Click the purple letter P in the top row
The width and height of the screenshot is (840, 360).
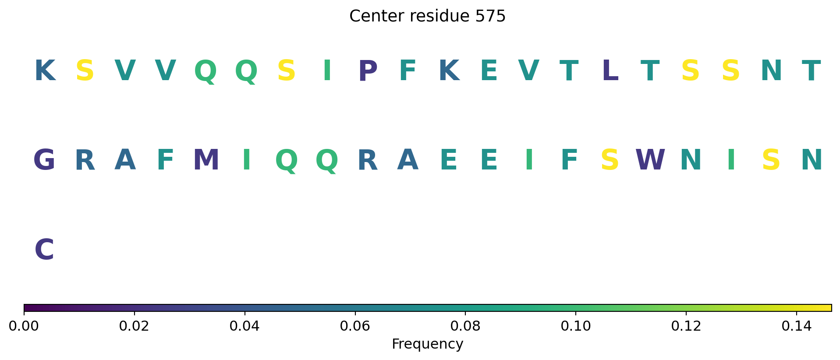[x=368, y=71]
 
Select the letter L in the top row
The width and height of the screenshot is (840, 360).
[x=610, y=71]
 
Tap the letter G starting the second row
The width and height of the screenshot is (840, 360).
[x=44, y=160]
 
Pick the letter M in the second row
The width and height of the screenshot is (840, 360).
[x=206, y=160]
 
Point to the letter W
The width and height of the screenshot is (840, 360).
[x=650, y=160]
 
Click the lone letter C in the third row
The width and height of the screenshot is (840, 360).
[x=44, y=250]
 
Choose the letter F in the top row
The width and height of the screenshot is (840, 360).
[x=408, y=71]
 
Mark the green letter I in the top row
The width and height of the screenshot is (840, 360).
[x=327, y=71]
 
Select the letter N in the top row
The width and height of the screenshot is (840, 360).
[x=771, y=71]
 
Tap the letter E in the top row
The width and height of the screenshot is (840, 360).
[x=489, y=71]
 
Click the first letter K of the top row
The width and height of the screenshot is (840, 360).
[x=45, y=71]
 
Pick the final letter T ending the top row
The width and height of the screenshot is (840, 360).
[x=811, y=71]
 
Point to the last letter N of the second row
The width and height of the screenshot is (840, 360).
[x=812, y=160]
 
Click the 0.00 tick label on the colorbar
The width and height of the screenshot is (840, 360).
[x=24, y=326]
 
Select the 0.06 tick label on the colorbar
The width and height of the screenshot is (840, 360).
[x=355, y=326]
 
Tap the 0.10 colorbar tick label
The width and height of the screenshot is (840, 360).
[x=575, y=326]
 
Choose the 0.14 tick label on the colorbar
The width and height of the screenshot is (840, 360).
[x=796, y=326]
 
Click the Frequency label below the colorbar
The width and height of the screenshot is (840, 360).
[x=427, y=344]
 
